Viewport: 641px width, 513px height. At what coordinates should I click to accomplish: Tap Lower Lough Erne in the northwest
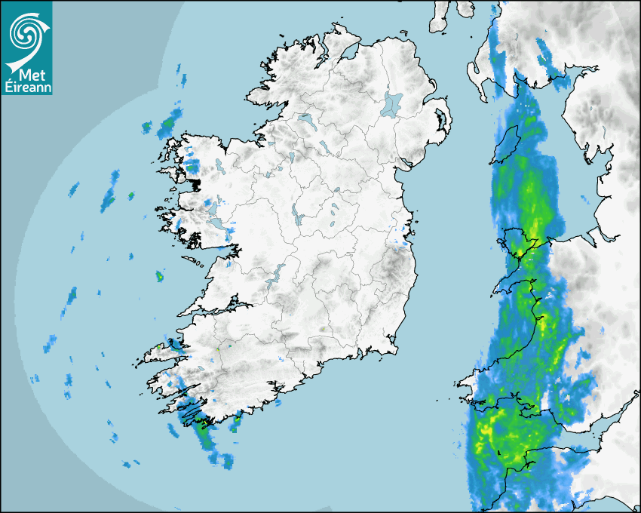tap(306, 119)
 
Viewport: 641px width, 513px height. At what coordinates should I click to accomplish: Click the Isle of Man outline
tap(505, 143)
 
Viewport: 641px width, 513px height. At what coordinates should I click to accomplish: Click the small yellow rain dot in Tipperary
tap(322, 330)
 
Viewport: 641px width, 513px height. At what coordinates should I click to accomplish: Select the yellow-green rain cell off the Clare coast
tap(160, 277)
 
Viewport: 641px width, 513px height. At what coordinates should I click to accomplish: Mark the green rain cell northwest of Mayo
tap(168, 122)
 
